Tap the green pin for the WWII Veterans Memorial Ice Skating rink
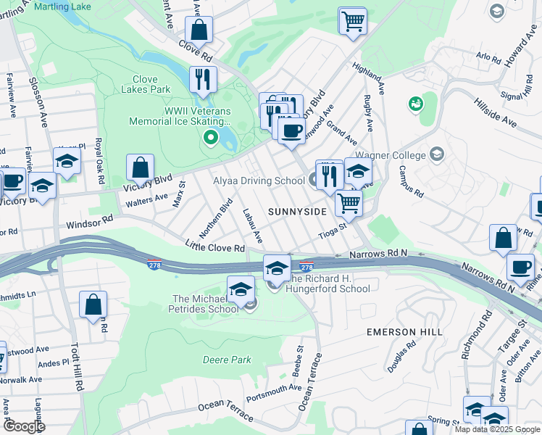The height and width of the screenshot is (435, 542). [211, 137]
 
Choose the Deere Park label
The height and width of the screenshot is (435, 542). [227, 360]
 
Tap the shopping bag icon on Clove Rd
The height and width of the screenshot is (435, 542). [199, 31]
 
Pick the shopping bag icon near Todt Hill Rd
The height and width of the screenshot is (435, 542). [93, 305]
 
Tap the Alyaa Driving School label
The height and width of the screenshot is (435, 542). [259, 181]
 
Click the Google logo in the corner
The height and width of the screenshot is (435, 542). [24, 426]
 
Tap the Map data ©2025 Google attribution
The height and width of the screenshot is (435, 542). [497, 429]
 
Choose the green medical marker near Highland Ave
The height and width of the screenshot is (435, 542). [416, 104]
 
